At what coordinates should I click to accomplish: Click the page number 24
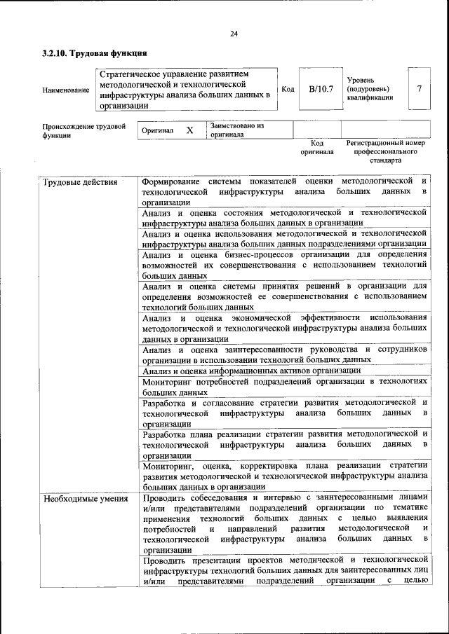tap(234, 33)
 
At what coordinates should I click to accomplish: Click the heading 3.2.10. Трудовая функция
tap(94, 53)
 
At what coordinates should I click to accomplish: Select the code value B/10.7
tap(321, 89)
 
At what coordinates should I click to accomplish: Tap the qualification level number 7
tap(419, 89)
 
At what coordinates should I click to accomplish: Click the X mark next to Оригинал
tap(189, 130)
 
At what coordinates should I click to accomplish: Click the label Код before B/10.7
tap(288, 89)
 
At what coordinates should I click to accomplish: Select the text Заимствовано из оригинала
tap(236, 130)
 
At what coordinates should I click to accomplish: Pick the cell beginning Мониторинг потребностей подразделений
tap(284, 387)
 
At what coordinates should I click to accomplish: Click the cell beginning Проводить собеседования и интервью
tap(284, 524)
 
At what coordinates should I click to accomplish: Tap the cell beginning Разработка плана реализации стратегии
tap(284, 443)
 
